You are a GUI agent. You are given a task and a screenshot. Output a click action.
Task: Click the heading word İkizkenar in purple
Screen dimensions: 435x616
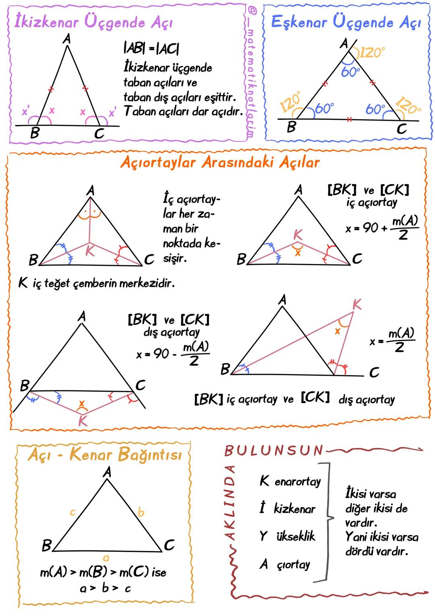46,21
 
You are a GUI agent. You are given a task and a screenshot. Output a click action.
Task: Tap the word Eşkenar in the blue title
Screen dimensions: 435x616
299,22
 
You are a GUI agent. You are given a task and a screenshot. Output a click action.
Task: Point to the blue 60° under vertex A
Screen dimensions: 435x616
350,72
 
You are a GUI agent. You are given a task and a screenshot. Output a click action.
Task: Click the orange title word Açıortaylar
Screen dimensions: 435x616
158,162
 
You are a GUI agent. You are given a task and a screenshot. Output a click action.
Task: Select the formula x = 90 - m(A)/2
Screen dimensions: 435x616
173,354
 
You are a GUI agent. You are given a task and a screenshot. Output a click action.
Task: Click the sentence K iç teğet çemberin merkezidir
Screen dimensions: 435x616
96,283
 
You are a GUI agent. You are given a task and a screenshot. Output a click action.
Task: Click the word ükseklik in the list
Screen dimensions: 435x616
296,536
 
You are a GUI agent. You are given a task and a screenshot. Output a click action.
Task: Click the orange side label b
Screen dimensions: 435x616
141,512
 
